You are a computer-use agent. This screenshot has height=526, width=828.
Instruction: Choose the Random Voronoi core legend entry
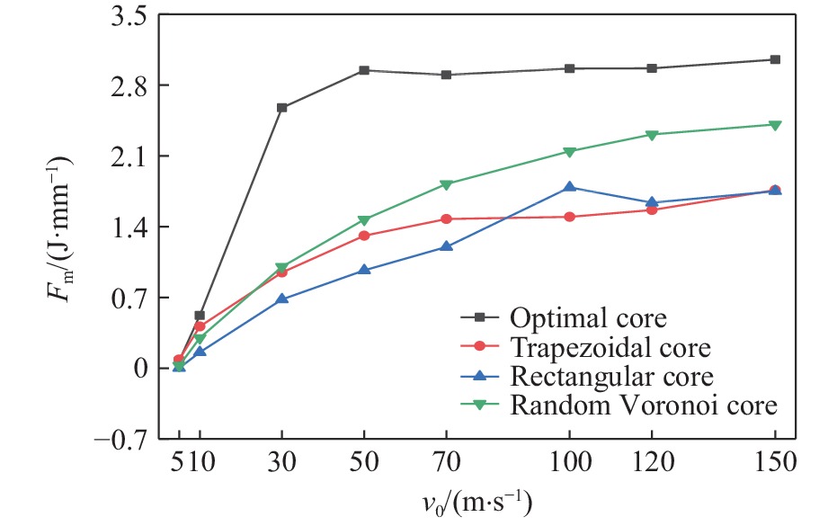(x=642, y=405)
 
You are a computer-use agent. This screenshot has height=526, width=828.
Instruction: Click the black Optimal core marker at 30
(x=281, y=108)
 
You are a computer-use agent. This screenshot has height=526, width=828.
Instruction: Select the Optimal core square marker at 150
(x=775, y=59)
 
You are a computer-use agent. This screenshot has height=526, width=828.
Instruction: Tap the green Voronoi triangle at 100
(x=569, y=151)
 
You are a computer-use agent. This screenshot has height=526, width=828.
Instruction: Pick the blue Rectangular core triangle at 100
(x=569, y=187)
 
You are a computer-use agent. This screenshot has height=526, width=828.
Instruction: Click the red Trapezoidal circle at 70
(x=446, y=218)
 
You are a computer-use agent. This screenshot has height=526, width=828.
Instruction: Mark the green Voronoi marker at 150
(x=775, y=125)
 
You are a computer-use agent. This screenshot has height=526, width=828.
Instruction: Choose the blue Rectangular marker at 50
(x=364, y=270)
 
